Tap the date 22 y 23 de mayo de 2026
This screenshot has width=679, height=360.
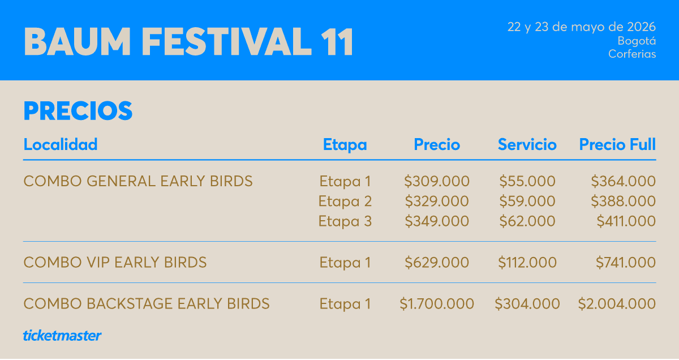tap(582, 27)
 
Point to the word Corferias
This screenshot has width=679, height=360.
tap(632, 54)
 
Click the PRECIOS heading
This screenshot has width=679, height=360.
tap(78, 111)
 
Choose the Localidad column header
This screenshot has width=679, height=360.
tap(61, 144)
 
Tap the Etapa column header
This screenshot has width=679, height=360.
tap(345, 145)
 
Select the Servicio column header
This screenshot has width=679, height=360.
tap(527, 145)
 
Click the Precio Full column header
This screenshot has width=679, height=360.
tap(617, 145)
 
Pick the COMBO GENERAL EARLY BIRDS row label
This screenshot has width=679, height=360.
tap(138, 182)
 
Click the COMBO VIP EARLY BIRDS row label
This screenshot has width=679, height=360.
tap(115, 263)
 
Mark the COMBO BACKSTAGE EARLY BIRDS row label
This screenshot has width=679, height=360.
tap(147, 304)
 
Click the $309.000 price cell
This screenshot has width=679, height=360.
tap(437, 182)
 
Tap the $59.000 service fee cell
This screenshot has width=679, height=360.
tap(527, 202)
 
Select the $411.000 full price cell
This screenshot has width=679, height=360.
tap(626, 221)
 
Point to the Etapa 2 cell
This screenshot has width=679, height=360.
tap(345, 202)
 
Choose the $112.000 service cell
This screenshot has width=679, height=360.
tap(527, 263)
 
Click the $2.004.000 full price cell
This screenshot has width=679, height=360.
tap(617, 304)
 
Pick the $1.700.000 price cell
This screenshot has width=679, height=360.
tap(437, 304)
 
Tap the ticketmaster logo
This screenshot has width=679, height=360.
tap(62, 335)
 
